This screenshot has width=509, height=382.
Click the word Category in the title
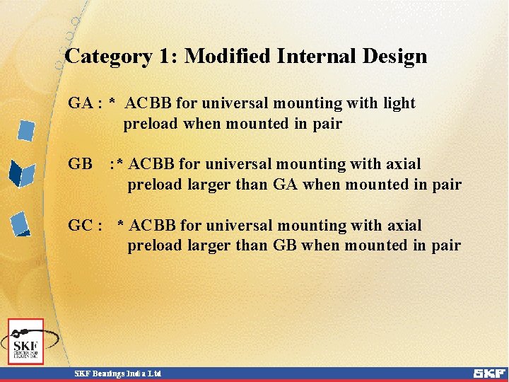click(107, 57)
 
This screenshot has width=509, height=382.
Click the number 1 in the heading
click(168, 57)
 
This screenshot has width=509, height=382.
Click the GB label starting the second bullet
click(81, 164)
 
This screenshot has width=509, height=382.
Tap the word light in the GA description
click(399, 103)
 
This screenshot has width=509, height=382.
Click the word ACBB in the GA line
click(148, 103)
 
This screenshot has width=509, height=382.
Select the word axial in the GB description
click(403, 164)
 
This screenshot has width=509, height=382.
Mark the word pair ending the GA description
click(327, 124)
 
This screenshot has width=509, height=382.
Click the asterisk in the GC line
click(122, 226)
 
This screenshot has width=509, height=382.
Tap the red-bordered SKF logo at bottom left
click(26, 342)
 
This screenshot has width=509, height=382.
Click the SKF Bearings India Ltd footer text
click(119, 374)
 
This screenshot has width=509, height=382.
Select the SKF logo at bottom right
click(488, 373)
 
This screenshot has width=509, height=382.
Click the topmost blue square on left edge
click(26, 131)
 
